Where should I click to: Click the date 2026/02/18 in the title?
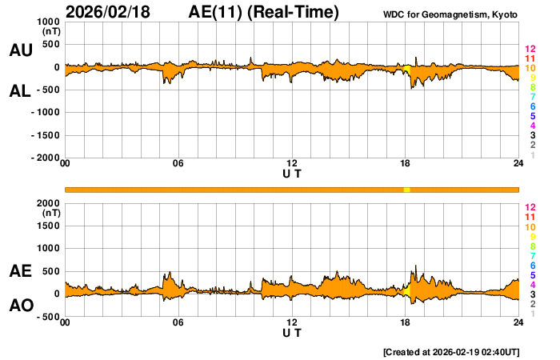tap(107, 12)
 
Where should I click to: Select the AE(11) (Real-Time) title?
tap(264, 12)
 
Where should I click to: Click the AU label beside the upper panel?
tap(21, 50)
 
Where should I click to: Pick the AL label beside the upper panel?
tap(21, 91)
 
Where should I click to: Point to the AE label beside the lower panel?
tap(21, 271)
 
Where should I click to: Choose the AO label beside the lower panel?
tap(21, 306)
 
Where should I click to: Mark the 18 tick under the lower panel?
tap(406, 322)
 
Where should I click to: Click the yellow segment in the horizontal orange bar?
tap(406, 189)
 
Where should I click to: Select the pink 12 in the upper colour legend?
tap(530, 50)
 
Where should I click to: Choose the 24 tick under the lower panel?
tap(518, 322)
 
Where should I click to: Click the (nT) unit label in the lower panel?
tap(50, 214)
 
